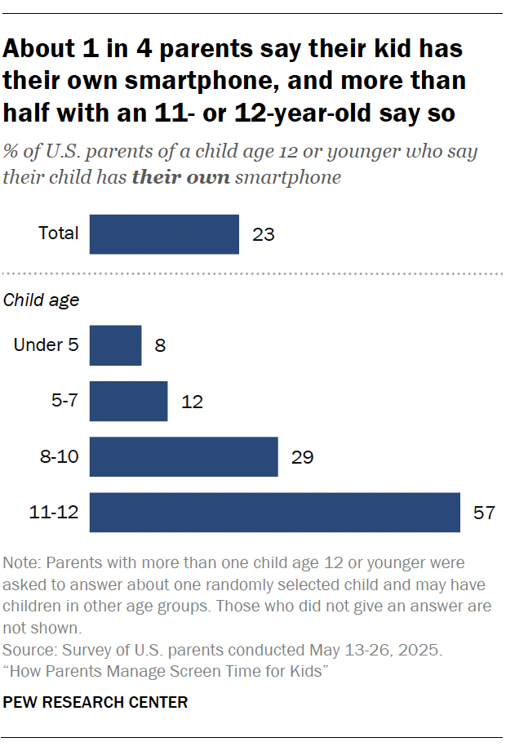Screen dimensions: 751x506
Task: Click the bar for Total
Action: (164, 234)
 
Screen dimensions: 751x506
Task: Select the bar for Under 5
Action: (115, 345)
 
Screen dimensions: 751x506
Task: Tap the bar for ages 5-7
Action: (128, 401)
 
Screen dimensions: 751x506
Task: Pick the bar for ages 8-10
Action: (184, 456)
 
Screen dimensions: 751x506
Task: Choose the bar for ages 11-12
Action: (274, 512)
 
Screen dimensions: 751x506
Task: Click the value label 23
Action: (264, 235)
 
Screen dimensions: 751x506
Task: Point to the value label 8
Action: (160, 346)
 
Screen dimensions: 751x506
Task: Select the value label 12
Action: (192, 402)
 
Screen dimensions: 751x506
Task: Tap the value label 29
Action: (303, 457)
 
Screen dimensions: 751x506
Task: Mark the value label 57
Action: (485, 513)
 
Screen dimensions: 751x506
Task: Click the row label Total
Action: (59, 233)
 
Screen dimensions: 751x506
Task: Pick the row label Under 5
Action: (47, 344)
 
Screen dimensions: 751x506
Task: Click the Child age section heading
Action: (42, 300)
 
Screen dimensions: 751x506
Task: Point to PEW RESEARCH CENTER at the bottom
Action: (95, 702)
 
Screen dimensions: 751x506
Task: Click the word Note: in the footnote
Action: (22, 564)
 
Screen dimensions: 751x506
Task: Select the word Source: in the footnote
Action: (30, 651)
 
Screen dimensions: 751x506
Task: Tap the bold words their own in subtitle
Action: (180, 177)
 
